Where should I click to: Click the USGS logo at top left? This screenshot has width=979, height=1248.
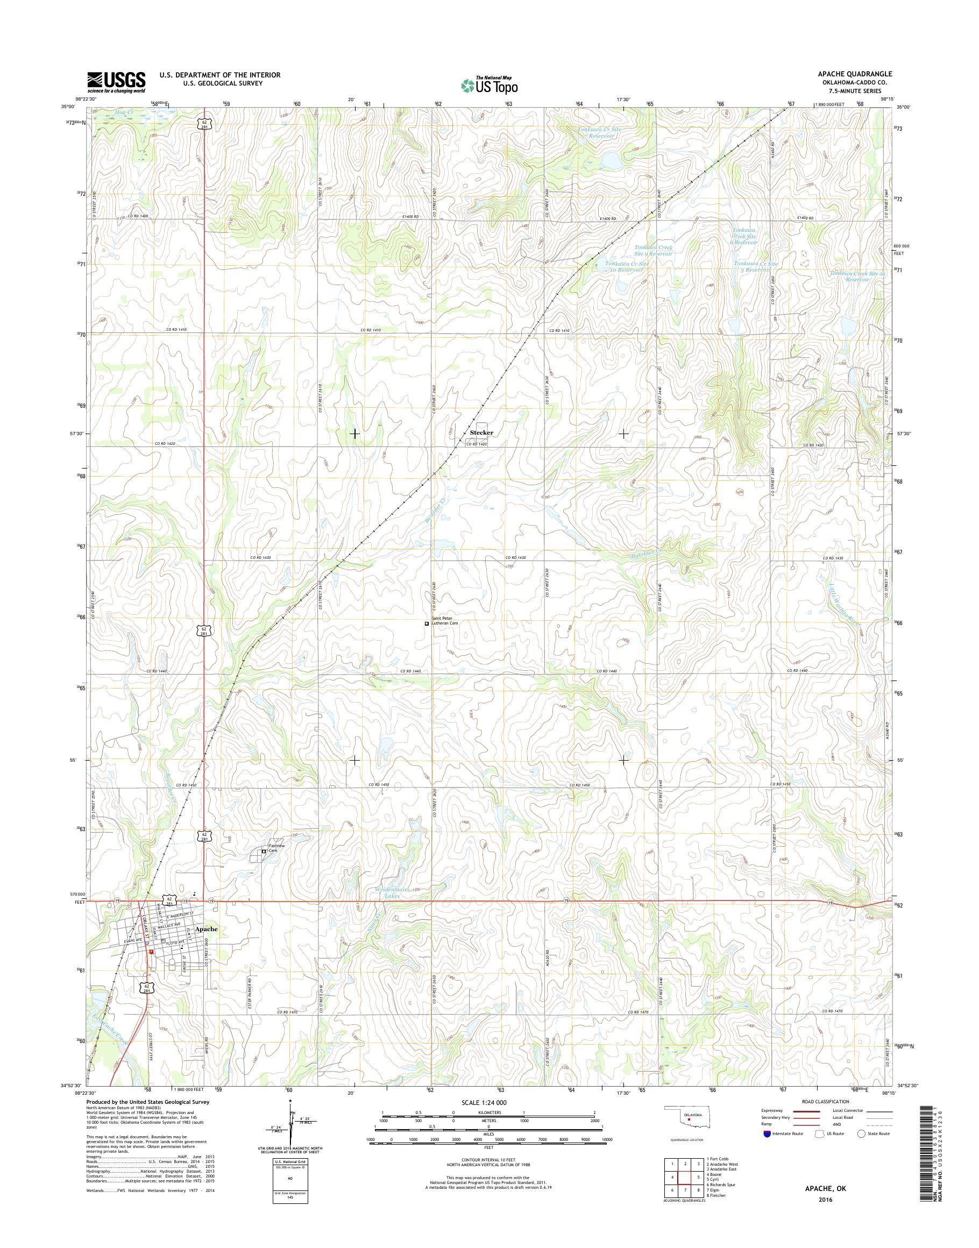[x=116, y=82]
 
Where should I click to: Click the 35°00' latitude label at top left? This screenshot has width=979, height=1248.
[x=69, y=107]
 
